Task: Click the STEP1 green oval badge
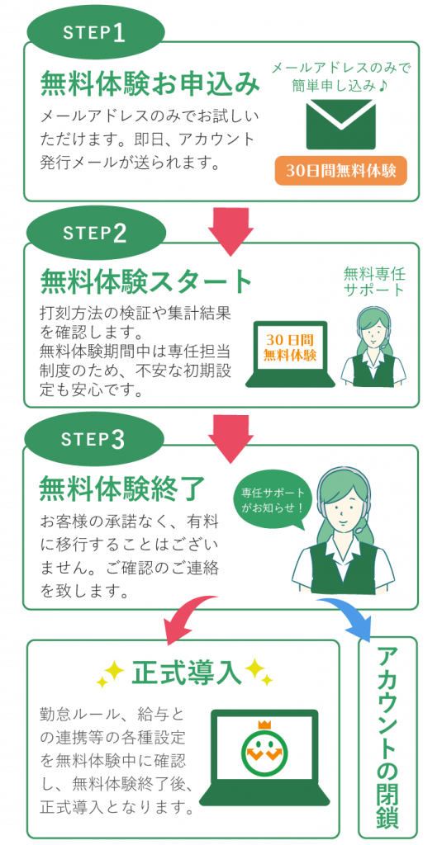[94, 33]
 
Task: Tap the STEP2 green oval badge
[95, 234]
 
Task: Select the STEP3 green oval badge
[94, 439]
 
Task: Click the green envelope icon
[340, 125]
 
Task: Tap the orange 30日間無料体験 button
[340, 171]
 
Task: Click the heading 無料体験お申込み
[150, 85]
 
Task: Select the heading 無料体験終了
[122, 489]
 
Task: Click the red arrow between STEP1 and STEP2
[231, 232]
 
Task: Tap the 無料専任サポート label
[374, 282]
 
